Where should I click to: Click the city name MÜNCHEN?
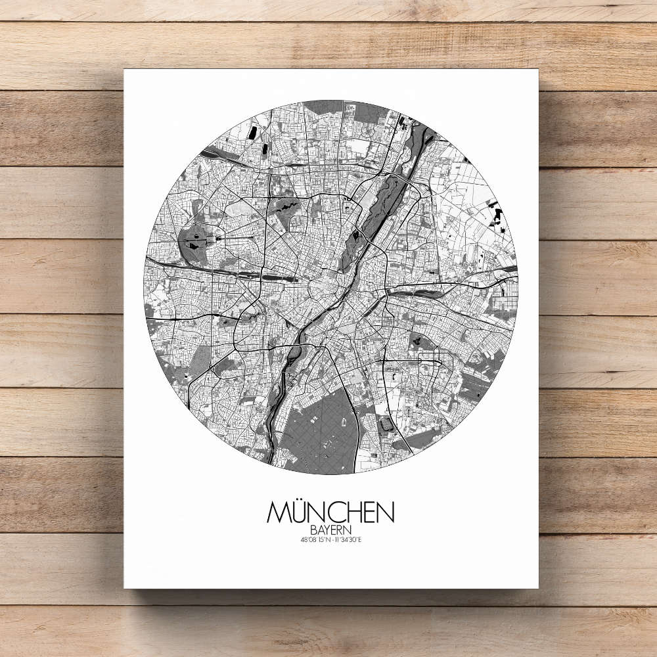click(330, 512)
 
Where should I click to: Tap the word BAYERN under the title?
click(330, 529)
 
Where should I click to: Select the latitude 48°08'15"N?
click(312, 540)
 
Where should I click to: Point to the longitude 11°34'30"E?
click(349, 540)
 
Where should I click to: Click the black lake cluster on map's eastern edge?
click(498, 217)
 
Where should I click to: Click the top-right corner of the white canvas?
click(537, 70)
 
